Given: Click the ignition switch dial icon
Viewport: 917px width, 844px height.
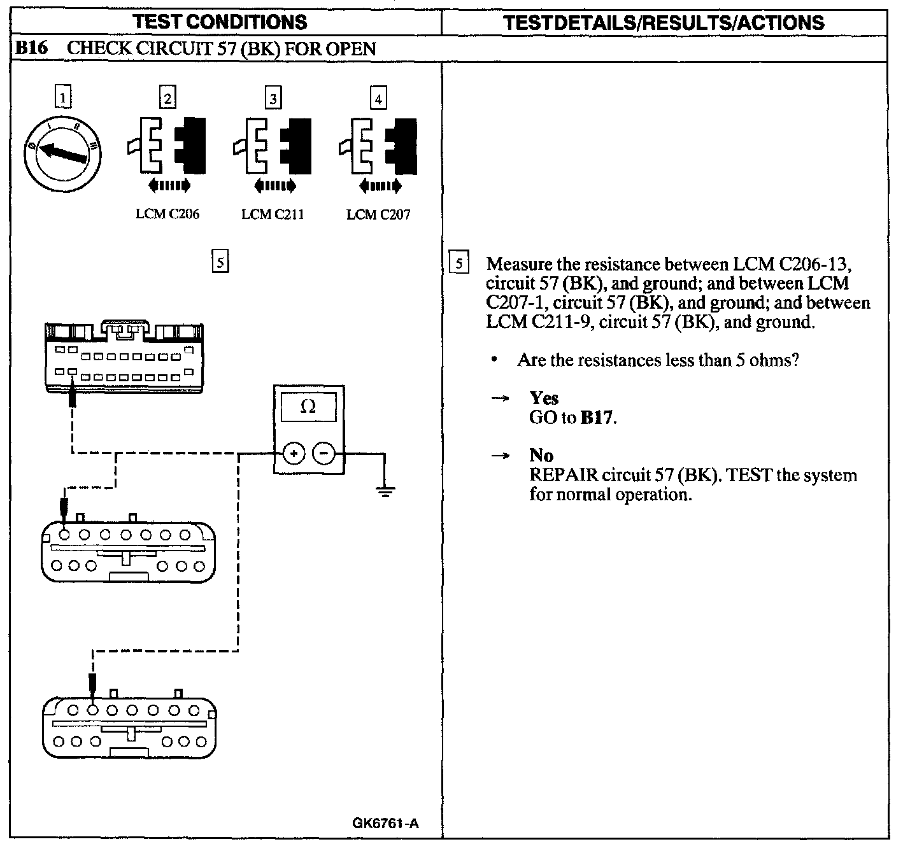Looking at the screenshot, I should [x=62, y=150].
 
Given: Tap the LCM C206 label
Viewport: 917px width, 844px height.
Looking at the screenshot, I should [x=167, y=215].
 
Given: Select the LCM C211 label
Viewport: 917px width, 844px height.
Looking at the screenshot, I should [x=273, y=215].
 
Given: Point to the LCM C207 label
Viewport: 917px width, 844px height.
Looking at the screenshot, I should [x=378, y=215].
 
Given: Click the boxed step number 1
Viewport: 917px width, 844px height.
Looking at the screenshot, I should [x=62, y=98].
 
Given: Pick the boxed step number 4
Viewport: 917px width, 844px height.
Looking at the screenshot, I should [x=378, y=99].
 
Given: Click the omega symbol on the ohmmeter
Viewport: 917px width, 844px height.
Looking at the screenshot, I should [x=308, y=407].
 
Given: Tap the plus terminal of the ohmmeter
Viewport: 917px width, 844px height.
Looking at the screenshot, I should [x=294, y=454].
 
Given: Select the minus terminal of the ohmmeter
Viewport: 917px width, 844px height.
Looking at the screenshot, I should [x=323, y=454].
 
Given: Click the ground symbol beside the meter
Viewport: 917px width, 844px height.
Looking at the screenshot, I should [x=385, y=491].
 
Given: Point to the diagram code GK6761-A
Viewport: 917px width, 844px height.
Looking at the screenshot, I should [x=385, y=823].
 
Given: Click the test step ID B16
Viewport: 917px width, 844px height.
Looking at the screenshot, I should [x=32, y=48].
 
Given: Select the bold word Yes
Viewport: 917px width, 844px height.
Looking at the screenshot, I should [x=544, y=398].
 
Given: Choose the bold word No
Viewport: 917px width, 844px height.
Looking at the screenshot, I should [x=541, y=456].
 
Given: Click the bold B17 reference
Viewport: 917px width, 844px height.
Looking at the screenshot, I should [x=598, y=418].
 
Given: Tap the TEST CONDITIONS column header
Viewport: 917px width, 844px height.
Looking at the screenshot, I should [x=220, y=22].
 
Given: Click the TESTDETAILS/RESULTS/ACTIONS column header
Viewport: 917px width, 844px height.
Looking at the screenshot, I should [x=664, y=23].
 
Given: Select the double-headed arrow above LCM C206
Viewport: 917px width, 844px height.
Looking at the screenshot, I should [x=168, y=186].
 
